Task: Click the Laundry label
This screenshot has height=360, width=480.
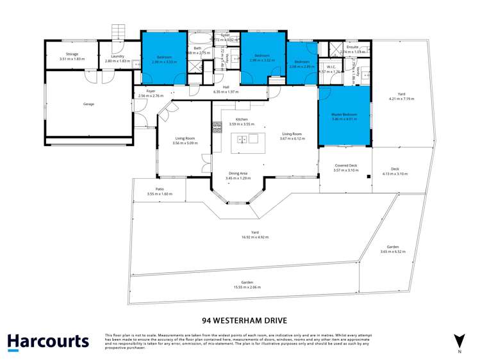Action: [x=117, y=57]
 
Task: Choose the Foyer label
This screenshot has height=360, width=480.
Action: [x=151, y=92]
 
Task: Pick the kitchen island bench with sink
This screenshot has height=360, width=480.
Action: [x=248, y=138]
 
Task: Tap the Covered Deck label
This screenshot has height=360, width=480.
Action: [x=345, y=166]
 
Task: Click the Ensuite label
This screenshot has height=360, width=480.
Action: [x=352, y=47]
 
